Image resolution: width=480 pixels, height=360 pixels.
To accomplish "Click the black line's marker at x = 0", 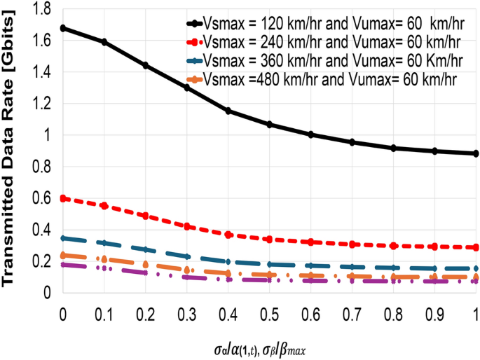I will [63, 28].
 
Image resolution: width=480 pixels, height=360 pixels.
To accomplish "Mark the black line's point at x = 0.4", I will [228, 111].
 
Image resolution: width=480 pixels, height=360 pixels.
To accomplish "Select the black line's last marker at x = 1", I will [476, 153].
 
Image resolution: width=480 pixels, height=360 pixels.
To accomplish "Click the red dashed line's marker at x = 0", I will [63, 198].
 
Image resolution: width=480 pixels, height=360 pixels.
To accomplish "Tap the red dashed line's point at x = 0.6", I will [310, 242].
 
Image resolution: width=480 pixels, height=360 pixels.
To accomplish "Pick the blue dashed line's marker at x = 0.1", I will [104, 243].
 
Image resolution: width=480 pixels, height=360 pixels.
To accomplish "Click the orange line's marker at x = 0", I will [63, 255].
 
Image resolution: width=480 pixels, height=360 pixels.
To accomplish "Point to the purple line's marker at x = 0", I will [63, 265].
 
